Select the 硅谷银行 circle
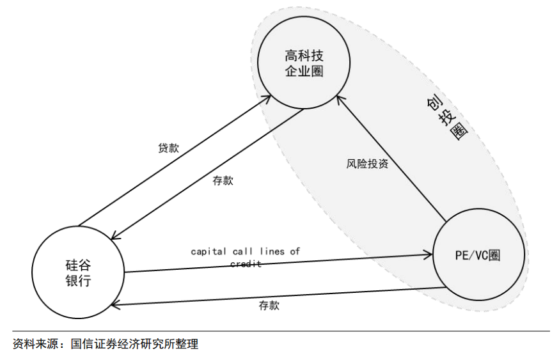tap(78, 272)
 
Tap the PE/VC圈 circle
tap(479, 255)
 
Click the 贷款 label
tap(168, 148)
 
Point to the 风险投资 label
tap(367, 164)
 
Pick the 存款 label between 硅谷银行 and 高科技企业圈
tap(223, 180)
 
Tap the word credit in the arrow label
tap(245, 263)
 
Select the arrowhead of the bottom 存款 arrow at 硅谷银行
tap(115, 305)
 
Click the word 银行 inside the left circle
tap(78, 281)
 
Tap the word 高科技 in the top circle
tap(304, 56)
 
